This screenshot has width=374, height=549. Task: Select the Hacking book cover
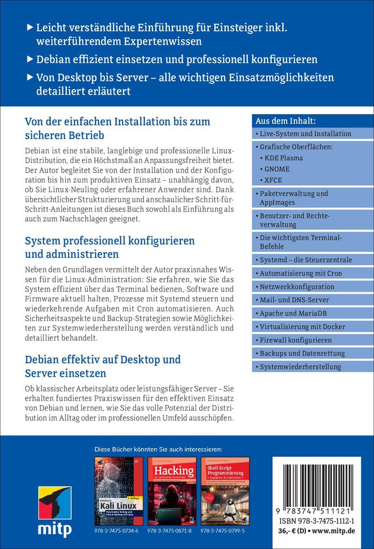tap(171, 490)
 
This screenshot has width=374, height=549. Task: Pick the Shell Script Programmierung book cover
tap(225, 490)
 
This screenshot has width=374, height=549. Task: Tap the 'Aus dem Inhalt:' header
tap(286, 121)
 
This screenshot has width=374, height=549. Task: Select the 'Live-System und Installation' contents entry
tap(305, 133)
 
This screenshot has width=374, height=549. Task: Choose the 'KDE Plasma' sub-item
tap(283, 158)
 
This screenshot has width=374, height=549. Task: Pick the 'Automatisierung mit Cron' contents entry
tap(301, 273)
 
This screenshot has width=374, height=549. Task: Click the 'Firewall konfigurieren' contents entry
tap(296, 340)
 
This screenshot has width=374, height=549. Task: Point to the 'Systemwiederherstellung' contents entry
tap(300, 367)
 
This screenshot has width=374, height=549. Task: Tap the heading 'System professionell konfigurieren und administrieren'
tap(110, 247)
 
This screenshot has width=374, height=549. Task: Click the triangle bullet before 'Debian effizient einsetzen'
tap(30, 59)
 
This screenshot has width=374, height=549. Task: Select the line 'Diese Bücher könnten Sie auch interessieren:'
tap(158, 449)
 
